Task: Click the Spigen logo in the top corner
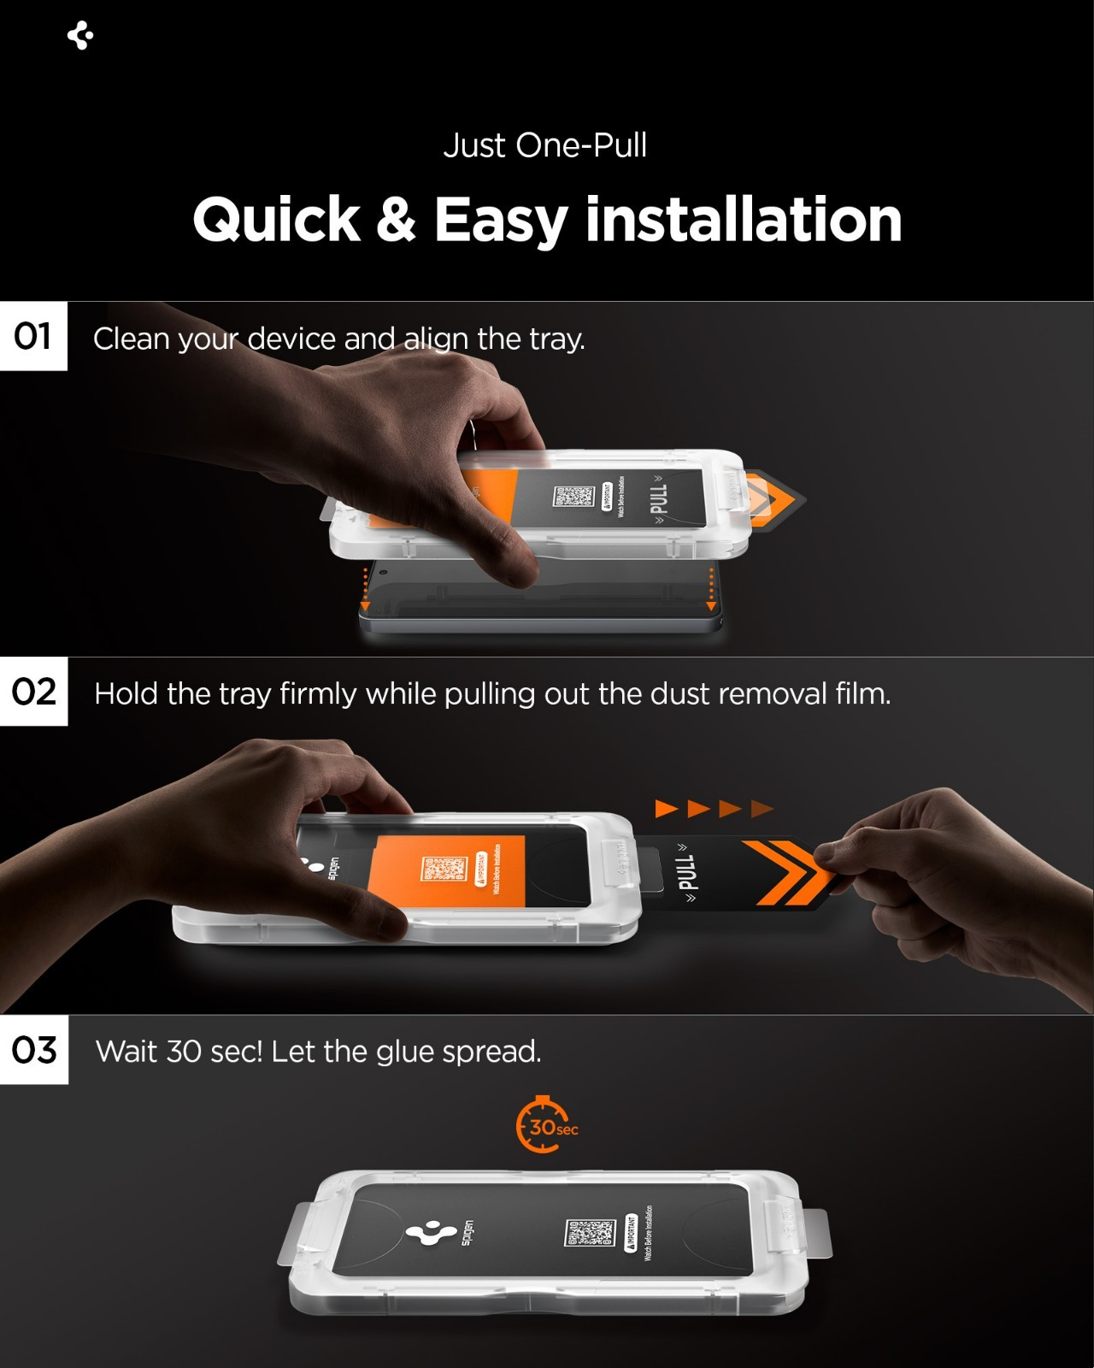(x=80, y=36)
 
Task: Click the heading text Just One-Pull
(x=545, y=145)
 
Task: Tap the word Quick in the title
(x=276, y=221)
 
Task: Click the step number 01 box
(x=33, y=336)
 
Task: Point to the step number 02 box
(x=33, y=692)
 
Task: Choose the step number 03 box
(x=34, y=1050)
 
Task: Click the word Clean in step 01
(x=132, y=339)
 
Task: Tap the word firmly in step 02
(x=318, y=693)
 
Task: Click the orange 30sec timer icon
(x=544, y=1125)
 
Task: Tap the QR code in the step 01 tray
(x=573, y=496)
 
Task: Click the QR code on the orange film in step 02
(x=444, y=869)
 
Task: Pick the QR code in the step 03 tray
(x=590, y=1233)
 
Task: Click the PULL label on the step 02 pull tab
(x=685, y=872)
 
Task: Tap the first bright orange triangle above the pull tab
(x=666, y=808)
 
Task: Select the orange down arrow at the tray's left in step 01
(x=365, y=605)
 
